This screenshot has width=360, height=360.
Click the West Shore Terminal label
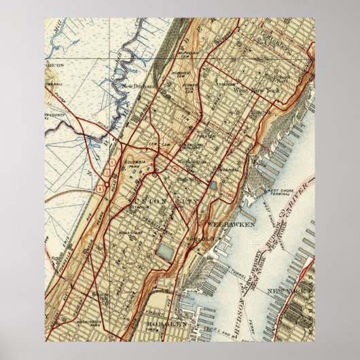282,193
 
